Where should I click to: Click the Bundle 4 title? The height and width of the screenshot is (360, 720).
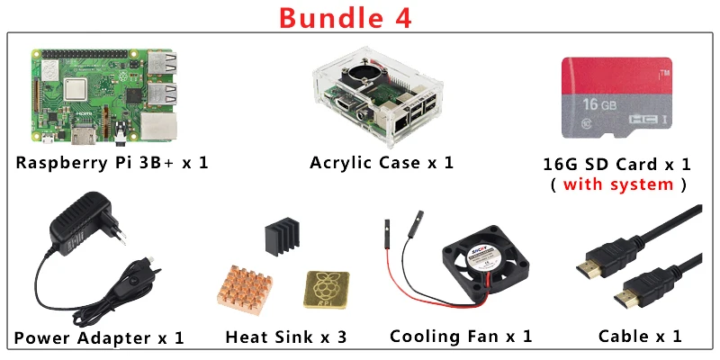pyautogui.click(x=346, y=17)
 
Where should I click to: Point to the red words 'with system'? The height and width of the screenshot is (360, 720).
pyautogui.click(x=617, y=184)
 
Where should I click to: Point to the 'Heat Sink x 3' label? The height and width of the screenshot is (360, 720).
pyautogui.click(x=286, y=337)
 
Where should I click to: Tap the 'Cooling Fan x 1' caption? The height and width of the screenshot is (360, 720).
pyautogui.click(x=461, y=337)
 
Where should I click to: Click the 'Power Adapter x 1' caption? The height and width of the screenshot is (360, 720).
pyautogui.click(x=99, y=338)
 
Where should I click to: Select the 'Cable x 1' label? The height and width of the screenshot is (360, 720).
pyautogui.click(x=640, y=337)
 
